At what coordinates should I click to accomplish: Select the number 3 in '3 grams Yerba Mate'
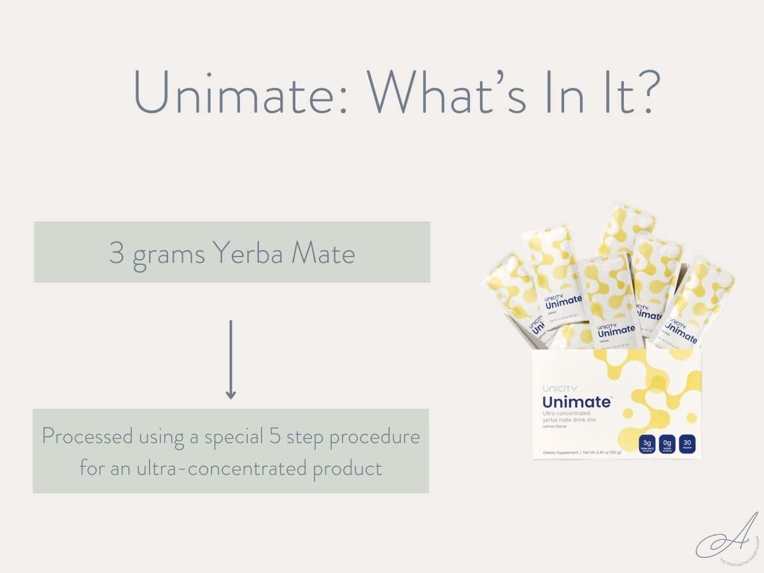(x=116, y=253)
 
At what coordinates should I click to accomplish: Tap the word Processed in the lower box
(x=88, y=437)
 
